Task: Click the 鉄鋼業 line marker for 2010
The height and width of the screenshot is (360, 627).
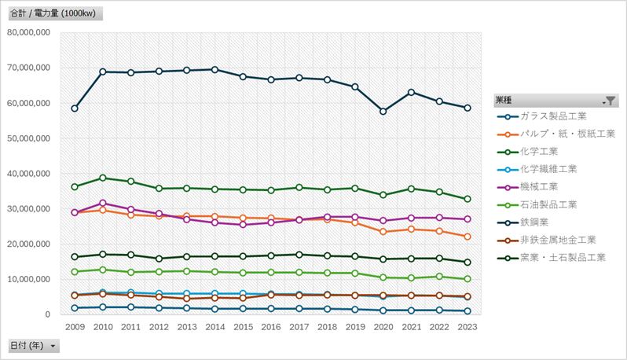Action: coord(103,72)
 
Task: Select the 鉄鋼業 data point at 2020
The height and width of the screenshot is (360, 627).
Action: coord(383,112)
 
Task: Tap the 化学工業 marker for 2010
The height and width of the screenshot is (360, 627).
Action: coord(103,178)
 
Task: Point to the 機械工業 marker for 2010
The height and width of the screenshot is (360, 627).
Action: coord(103,204)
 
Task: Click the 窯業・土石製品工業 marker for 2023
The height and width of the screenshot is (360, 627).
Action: coord(467,263)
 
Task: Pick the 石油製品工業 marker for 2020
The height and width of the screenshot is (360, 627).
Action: coord(383,277)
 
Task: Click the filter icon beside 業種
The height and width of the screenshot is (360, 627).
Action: coord(610,101)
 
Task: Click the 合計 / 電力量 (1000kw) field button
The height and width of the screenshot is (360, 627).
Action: coord(53,14)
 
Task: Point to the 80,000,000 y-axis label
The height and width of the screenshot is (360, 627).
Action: coord(28,32)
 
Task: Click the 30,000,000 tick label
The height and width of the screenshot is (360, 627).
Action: coord(28,209)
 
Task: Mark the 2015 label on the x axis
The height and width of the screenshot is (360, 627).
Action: coord(243,326)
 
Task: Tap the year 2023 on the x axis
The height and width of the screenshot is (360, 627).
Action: coord(467,326)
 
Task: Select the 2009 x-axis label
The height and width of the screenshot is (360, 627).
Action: coord(75,326)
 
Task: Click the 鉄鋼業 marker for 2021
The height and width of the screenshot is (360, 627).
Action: coord(411,92)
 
